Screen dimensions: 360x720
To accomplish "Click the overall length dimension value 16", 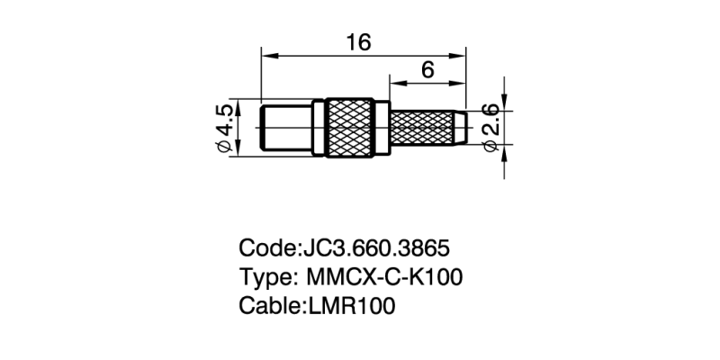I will (x=359, y=42).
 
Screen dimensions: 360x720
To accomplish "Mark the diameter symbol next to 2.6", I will (x=490, y=146).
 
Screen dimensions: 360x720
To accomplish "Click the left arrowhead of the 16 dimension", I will (x=267, y=56).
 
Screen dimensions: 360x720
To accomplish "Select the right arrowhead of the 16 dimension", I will (x=462, y=56).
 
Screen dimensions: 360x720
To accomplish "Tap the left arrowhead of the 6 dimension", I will (x=394, y=84).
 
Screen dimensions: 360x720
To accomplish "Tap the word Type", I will (x=264, y=277).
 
